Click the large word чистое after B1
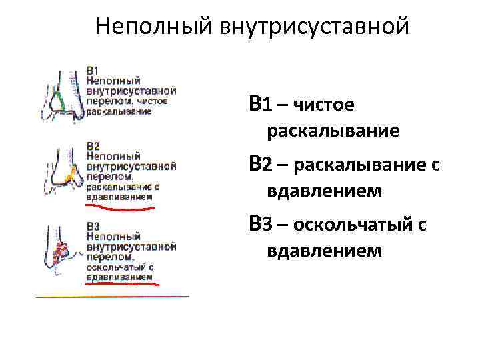(324, 105)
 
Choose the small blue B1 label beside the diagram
(93, 70)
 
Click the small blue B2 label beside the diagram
(93, 145)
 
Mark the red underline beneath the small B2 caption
(120, 208)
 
